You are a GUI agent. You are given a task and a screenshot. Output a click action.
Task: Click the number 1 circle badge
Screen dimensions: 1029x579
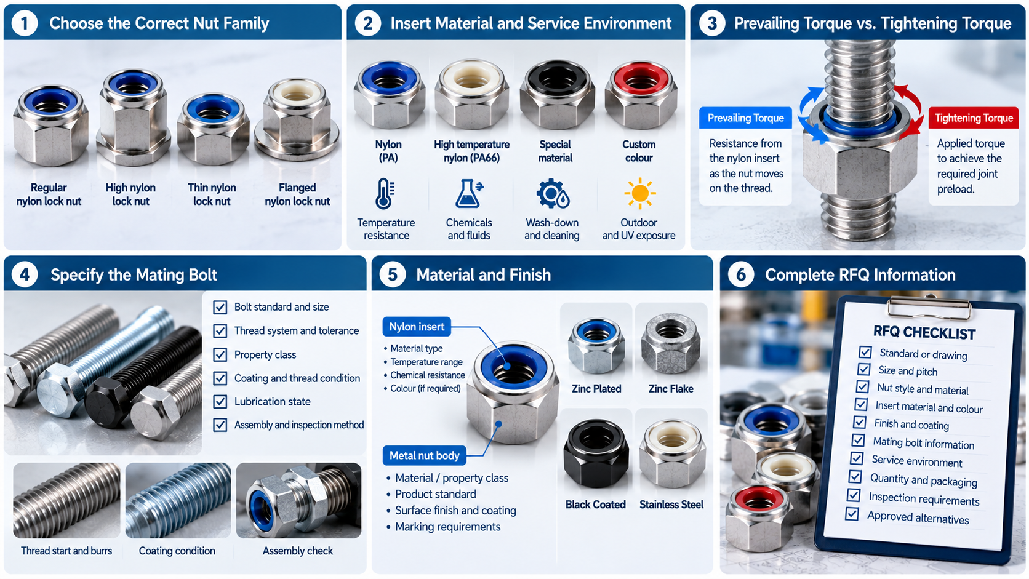(25, 23)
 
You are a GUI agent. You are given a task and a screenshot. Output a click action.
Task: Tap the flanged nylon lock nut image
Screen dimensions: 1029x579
(297, 121)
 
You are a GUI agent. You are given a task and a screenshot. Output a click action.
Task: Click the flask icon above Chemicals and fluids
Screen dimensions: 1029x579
(469, 193)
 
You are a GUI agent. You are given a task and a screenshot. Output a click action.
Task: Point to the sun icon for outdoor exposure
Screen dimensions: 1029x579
(639, 193)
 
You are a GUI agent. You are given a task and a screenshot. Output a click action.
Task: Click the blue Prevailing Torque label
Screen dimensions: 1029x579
(745, 118)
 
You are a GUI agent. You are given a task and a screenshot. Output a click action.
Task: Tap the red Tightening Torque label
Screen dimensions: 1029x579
(974, 118)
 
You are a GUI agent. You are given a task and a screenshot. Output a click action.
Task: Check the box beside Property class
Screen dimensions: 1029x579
(220, 355)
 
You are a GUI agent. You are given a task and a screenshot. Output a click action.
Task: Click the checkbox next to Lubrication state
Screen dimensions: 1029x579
(220, 402)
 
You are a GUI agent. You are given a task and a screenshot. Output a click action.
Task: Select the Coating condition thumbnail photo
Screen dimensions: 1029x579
(178, 500)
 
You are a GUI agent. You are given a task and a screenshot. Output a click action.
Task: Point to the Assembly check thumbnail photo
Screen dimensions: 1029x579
(298, 500)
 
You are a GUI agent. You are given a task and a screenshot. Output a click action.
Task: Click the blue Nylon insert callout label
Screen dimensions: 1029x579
(417, 327)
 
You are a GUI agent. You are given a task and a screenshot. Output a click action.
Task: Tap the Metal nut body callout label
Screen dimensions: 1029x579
(424, 455)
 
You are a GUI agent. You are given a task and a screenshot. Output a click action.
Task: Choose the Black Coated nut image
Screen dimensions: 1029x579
(596, 454)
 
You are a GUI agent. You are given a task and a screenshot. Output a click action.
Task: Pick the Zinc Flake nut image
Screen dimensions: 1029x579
(671, 345)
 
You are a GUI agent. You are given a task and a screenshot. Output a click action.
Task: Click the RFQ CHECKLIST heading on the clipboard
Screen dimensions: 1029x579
(924, 332)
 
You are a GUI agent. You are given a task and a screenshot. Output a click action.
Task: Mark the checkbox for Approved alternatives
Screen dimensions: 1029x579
(852, 514)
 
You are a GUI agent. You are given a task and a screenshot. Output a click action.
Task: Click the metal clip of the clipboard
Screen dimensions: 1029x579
(929, 306)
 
